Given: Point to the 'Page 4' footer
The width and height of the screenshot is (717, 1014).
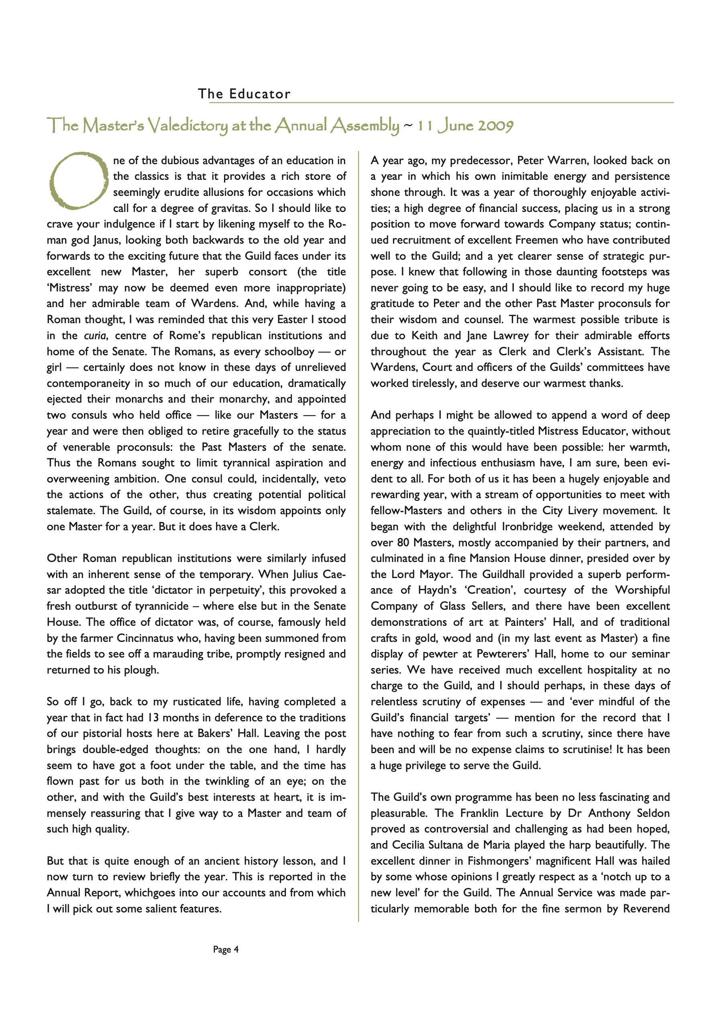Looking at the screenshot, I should [226, 949].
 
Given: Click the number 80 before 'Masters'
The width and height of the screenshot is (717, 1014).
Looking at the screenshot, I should [397, 542].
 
